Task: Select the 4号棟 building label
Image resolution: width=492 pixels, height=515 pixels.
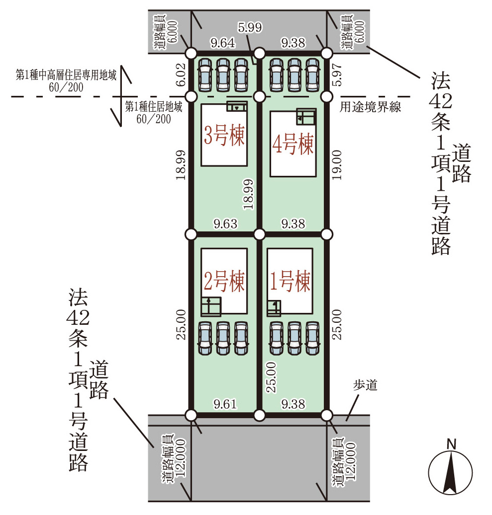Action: [x=293, y=145]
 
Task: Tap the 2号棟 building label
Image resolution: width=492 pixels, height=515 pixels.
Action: [x=224, y=282]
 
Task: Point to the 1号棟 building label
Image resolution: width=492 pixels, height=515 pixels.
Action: [x=290, y=282]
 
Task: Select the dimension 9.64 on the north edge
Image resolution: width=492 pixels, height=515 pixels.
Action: [x=223, y=43]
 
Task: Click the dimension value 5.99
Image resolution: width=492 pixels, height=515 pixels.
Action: [x=250, y=28]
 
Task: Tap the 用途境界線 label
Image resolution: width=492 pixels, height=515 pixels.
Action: [x=371, y=107]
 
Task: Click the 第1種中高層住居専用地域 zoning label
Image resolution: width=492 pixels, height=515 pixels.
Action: [x=66, y=75]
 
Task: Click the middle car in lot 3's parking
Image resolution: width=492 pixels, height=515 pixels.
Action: [x=223, y=75]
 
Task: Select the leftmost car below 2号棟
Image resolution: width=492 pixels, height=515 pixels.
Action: [x=205, y=338]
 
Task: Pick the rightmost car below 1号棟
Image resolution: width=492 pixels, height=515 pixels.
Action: [x=312, y=338]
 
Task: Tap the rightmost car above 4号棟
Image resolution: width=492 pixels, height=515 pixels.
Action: [x=312, y=75]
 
